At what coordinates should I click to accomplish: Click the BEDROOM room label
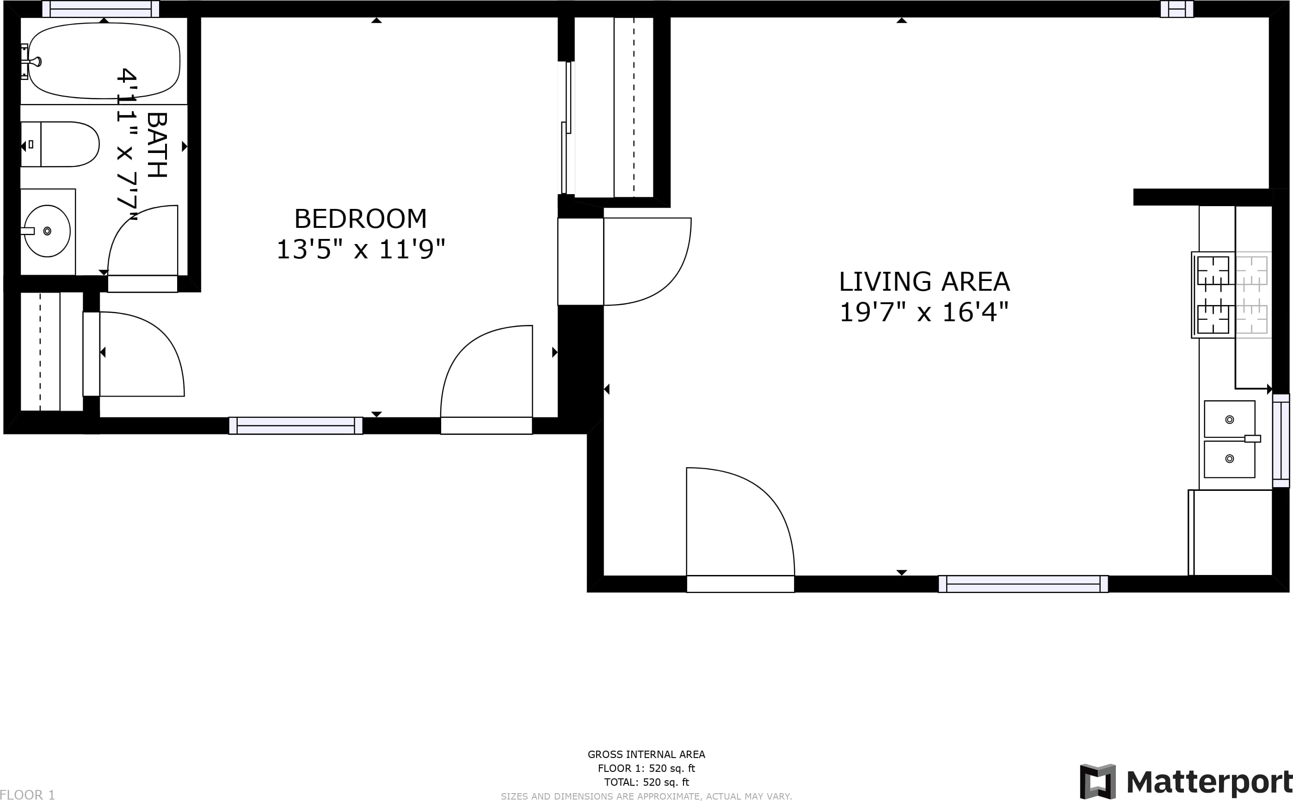point(360,218)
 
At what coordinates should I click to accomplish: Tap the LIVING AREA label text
point(924,281)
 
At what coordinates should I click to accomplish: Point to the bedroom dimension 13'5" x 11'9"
point(360,249)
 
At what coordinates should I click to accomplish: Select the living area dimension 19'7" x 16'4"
point(924,312)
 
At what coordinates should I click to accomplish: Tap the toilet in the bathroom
point(60,144)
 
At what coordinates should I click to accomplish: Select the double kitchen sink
point(1229,439)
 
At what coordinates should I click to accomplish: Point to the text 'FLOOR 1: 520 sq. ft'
point(646,768)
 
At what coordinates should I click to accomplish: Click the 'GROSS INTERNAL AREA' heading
point(646,754)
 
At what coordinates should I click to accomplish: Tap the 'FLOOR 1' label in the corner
point(28,795)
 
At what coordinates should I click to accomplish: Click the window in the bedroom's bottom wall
point(296,425)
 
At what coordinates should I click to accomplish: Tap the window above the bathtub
point(101,8)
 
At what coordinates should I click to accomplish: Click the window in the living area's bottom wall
point(1023,584)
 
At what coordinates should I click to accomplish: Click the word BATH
point(157,145)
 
